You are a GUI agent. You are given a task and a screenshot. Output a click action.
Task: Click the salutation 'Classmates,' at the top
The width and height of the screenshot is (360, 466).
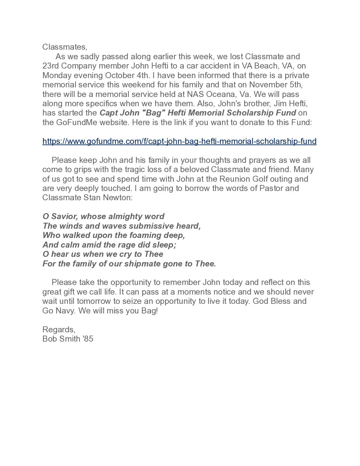coord(64,47)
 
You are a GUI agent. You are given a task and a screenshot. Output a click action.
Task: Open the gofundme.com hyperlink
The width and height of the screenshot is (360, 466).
coord(179,141)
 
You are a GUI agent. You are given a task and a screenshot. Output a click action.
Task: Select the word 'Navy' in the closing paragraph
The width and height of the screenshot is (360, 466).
coord(61,311)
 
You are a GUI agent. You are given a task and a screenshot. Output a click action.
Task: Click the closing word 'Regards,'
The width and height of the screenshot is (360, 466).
coord(59,329)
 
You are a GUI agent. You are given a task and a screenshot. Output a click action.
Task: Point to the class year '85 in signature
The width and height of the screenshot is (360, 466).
coord(87,339)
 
